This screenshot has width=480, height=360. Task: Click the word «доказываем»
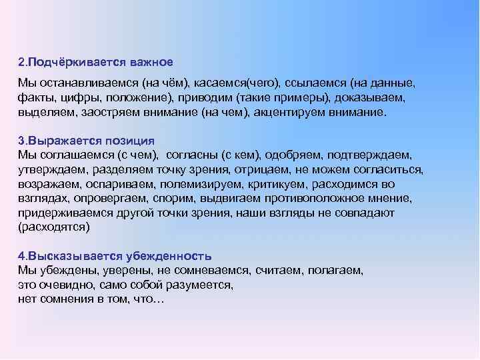pos(367,98)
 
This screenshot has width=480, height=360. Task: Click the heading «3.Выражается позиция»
pos(87,141)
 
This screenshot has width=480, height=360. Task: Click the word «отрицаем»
pos(258,170)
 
